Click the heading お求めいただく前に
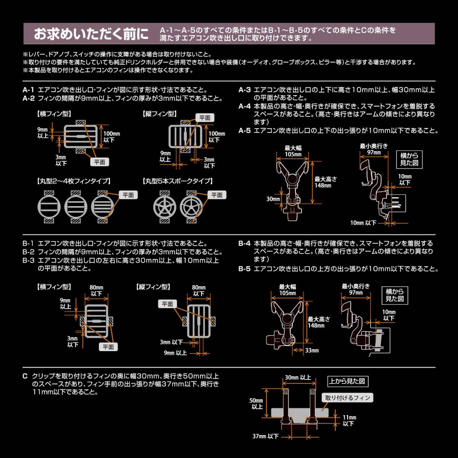click(x=91, y=34)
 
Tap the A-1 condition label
click(x=29, y=90)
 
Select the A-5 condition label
click(x=245, y=131)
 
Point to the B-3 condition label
click(x=29, y=260)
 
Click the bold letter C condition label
click(x=25, y=376)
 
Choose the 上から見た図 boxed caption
click(x=348, y=381)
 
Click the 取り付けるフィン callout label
click(x=348, y=398)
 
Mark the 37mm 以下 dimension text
click(x=266, y=436)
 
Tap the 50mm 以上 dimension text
click(x=256, y=403)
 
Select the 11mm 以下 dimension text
click(x=349, y=421)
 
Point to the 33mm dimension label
click(x=312, y=350)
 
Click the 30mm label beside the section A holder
click(x=273, y=199)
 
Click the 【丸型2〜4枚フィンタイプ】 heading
click(x=74, y=181)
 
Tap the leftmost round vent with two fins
click(x=49, y=208)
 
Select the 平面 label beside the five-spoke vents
click(x=217, y=195)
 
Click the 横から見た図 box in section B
click(x=395, y=295)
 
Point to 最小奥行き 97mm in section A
click(x=374, y=149)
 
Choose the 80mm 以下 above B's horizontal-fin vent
click(x=97, y=290)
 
